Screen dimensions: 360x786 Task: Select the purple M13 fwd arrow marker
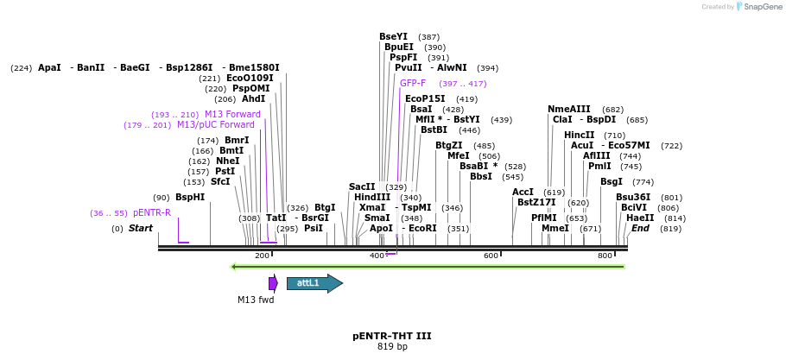pyautogui.click(x=273, y=283)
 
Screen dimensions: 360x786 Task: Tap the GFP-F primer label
pyautogui.click(x=413, y=84)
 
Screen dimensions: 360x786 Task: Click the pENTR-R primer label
pyautogui.click(x=152, y=213)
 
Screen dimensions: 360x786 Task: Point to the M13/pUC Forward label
pyautogui.click(x=216, y=125)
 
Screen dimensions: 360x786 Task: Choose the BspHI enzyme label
pyautogui.click(x=190, y=198)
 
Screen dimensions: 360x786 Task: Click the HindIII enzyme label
pyautogui.click(x=372, y=198)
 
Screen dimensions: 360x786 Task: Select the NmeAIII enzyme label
pyautogui.click(x=569, y=110)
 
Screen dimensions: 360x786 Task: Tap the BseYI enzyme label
pyautogui.click(x=393, y=37)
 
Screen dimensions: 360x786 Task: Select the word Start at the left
pyautogui.click(x=141, y=229)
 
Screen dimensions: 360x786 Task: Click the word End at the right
pyautogui.click(x=640, y=229)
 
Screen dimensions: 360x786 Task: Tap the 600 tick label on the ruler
pyautogui.click(x=491, y=256)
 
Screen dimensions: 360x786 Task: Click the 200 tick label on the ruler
pyautogui.click(x=263, y=256)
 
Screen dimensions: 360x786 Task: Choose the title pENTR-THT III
pyautogui.click(x=391, y=336)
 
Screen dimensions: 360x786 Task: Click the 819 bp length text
pyautogui.click(x=392, y=347)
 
